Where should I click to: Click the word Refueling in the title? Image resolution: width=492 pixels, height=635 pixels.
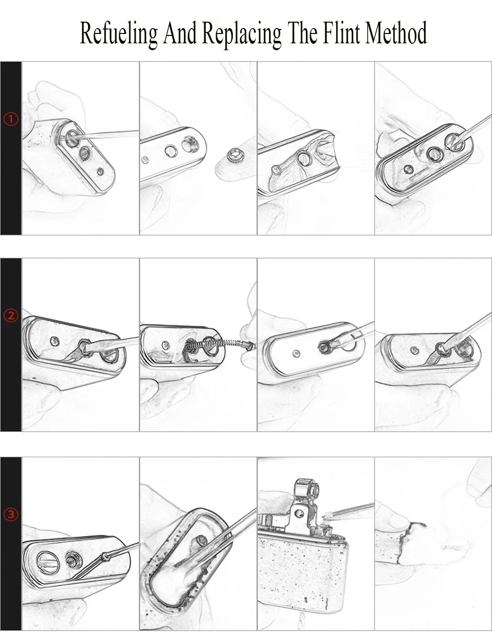pyautogui.click(x=119, y=33)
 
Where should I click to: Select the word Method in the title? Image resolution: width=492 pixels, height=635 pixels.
pyautogui.click(x=396, y=32)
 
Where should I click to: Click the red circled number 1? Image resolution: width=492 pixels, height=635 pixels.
pyautogui.click(x=11, y=119)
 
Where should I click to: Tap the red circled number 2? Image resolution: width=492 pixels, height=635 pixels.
pyautogui.click(x=11, y=316)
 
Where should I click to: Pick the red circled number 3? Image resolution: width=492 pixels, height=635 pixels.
pyautogui.click(x=11, y=514)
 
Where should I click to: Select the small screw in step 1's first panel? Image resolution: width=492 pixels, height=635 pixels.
pyautogui.click(x=100, y=171)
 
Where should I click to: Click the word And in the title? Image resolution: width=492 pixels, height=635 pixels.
pyautogui.click(x=180, y=33)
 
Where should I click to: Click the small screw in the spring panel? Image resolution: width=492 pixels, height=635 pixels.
pyautogui.click(x=166, y=345)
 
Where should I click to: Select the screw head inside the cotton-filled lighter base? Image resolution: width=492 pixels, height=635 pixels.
pyautogui.click(x=202, y=540)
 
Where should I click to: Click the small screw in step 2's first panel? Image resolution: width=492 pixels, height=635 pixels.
pyautogui.click(x=55, y=340)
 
